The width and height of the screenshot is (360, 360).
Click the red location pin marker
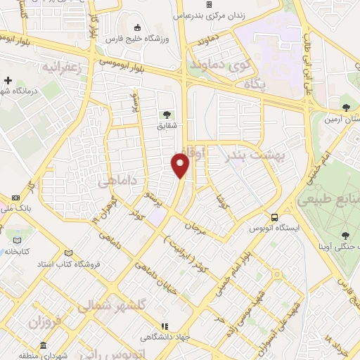click(181, 165)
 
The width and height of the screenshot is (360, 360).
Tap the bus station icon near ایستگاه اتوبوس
click(275, 217)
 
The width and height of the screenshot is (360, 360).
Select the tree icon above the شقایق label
click(167, 115)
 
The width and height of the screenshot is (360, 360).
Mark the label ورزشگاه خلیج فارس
click(152, 38)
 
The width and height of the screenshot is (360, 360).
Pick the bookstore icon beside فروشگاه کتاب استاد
click(67, 253)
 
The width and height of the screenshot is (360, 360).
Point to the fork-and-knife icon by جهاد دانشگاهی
click(165, 327)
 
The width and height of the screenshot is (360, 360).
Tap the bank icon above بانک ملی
click(16, 198)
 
